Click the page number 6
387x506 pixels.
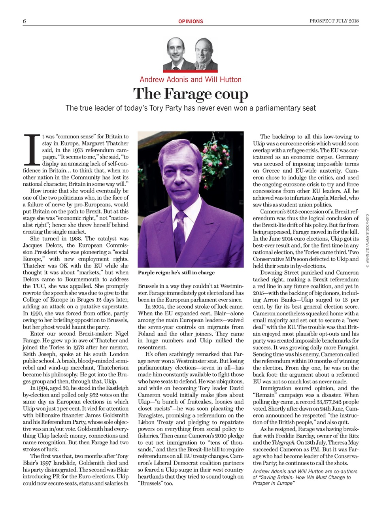pos(25,21)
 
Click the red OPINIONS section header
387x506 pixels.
pos(191,21)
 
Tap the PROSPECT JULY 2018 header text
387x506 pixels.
pos(334,21)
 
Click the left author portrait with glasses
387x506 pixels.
pos(177,55)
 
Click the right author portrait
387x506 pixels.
pos(205,55)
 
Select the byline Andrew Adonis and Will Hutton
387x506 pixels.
pos(191,79)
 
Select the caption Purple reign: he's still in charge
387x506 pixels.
pos(176,273)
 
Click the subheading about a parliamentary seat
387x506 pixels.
pos(191,108)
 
